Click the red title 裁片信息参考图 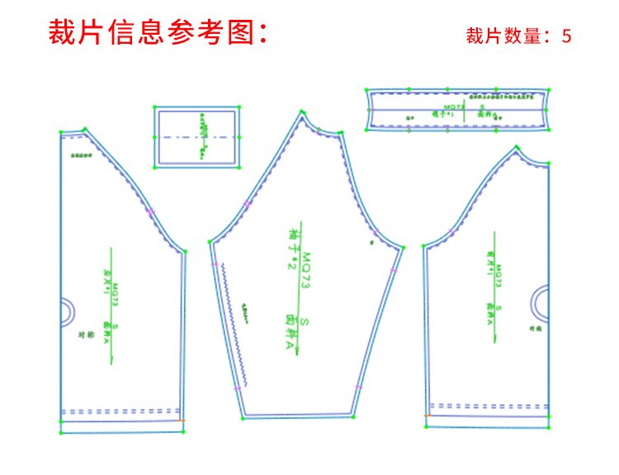pos(157,33)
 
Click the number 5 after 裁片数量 pos(566,36)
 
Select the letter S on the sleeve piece pos(304,321)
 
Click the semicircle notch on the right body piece pos(541,303)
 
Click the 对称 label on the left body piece pos(83,335)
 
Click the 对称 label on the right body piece pos(535,329)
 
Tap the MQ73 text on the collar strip pos(453,107)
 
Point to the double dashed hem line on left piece pos(120,411)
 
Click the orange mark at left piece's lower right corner pos(182,420)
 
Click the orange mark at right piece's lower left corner pos(426,416)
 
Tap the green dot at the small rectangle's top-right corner pos(239,107)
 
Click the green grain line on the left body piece pos(110,306)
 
